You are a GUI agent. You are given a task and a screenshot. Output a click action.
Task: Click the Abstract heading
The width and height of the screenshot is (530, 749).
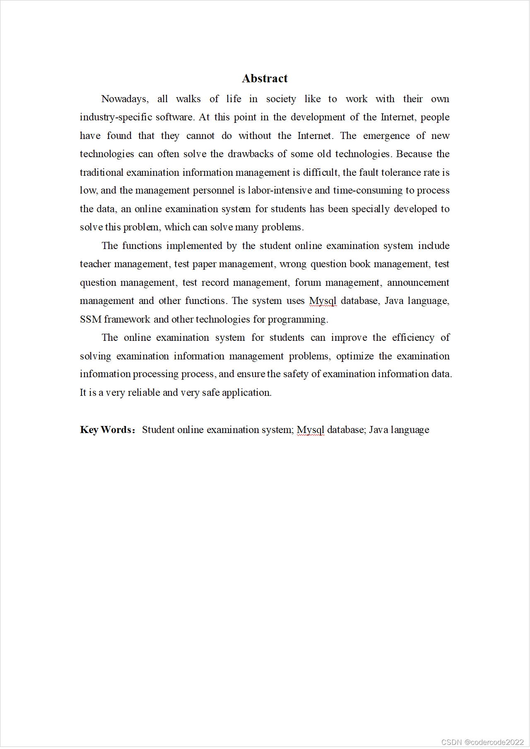[x=265, y=79]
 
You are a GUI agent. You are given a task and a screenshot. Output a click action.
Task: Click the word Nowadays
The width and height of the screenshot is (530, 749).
[x=125, y=99]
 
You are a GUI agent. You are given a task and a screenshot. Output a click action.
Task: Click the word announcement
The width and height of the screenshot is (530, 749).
[x=418, y=283]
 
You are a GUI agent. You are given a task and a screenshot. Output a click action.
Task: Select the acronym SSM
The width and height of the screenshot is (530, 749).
[x=90, y=320]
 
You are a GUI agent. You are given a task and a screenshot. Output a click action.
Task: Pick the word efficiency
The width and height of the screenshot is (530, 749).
[x=413, y=338]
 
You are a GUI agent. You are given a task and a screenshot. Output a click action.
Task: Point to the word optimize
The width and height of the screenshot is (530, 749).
[x=354, y=357]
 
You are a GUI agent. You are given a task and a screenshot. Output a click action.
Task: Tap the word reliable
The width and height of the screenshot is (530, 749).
[x=143, y=393]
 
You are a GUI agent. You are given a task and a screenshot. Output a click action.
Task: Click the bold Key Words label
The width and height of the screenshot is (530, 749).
[x=107, y=430]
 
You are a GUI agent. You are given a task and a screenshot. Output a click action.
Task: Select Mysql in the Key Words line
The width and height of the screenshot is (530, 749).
[x=310, y=430]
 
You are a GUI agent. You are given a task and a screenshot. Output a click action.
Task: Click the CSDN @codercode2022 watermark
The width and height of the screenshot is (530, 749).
[x=482, y=742]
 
